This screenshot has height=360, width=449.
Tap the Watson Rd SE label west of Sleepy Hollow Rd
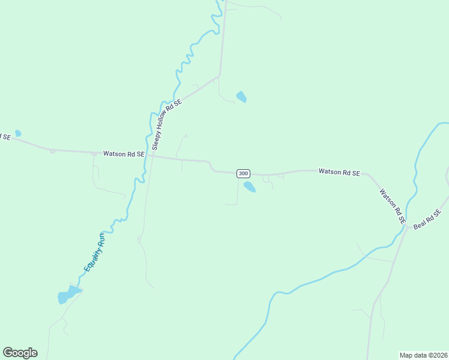pos(124,154)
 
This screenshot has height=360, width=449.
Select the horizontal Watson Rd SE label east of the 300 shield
pos(339,172)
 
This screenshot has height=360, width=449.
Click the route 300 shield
pos(243,173)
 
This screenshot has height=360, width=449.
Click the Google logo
pos(20,353)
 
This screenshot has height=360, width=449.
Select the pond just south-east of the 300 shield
pos(249,187)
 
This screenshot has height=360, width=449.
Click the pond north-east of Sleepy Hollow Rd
pos(242,97)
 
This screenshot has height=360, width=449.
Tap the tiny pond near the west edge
pos(18,133)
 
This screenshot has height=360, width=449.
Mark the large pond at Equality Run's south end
pos(67,295)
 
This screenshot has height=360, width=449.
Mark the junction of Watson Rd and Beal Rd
pos(408,227)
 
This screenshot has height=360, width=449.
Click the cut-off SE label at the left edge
pos(5,137)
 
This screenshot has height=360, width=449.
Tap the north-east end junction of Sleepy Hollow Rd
pos(220,76)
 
